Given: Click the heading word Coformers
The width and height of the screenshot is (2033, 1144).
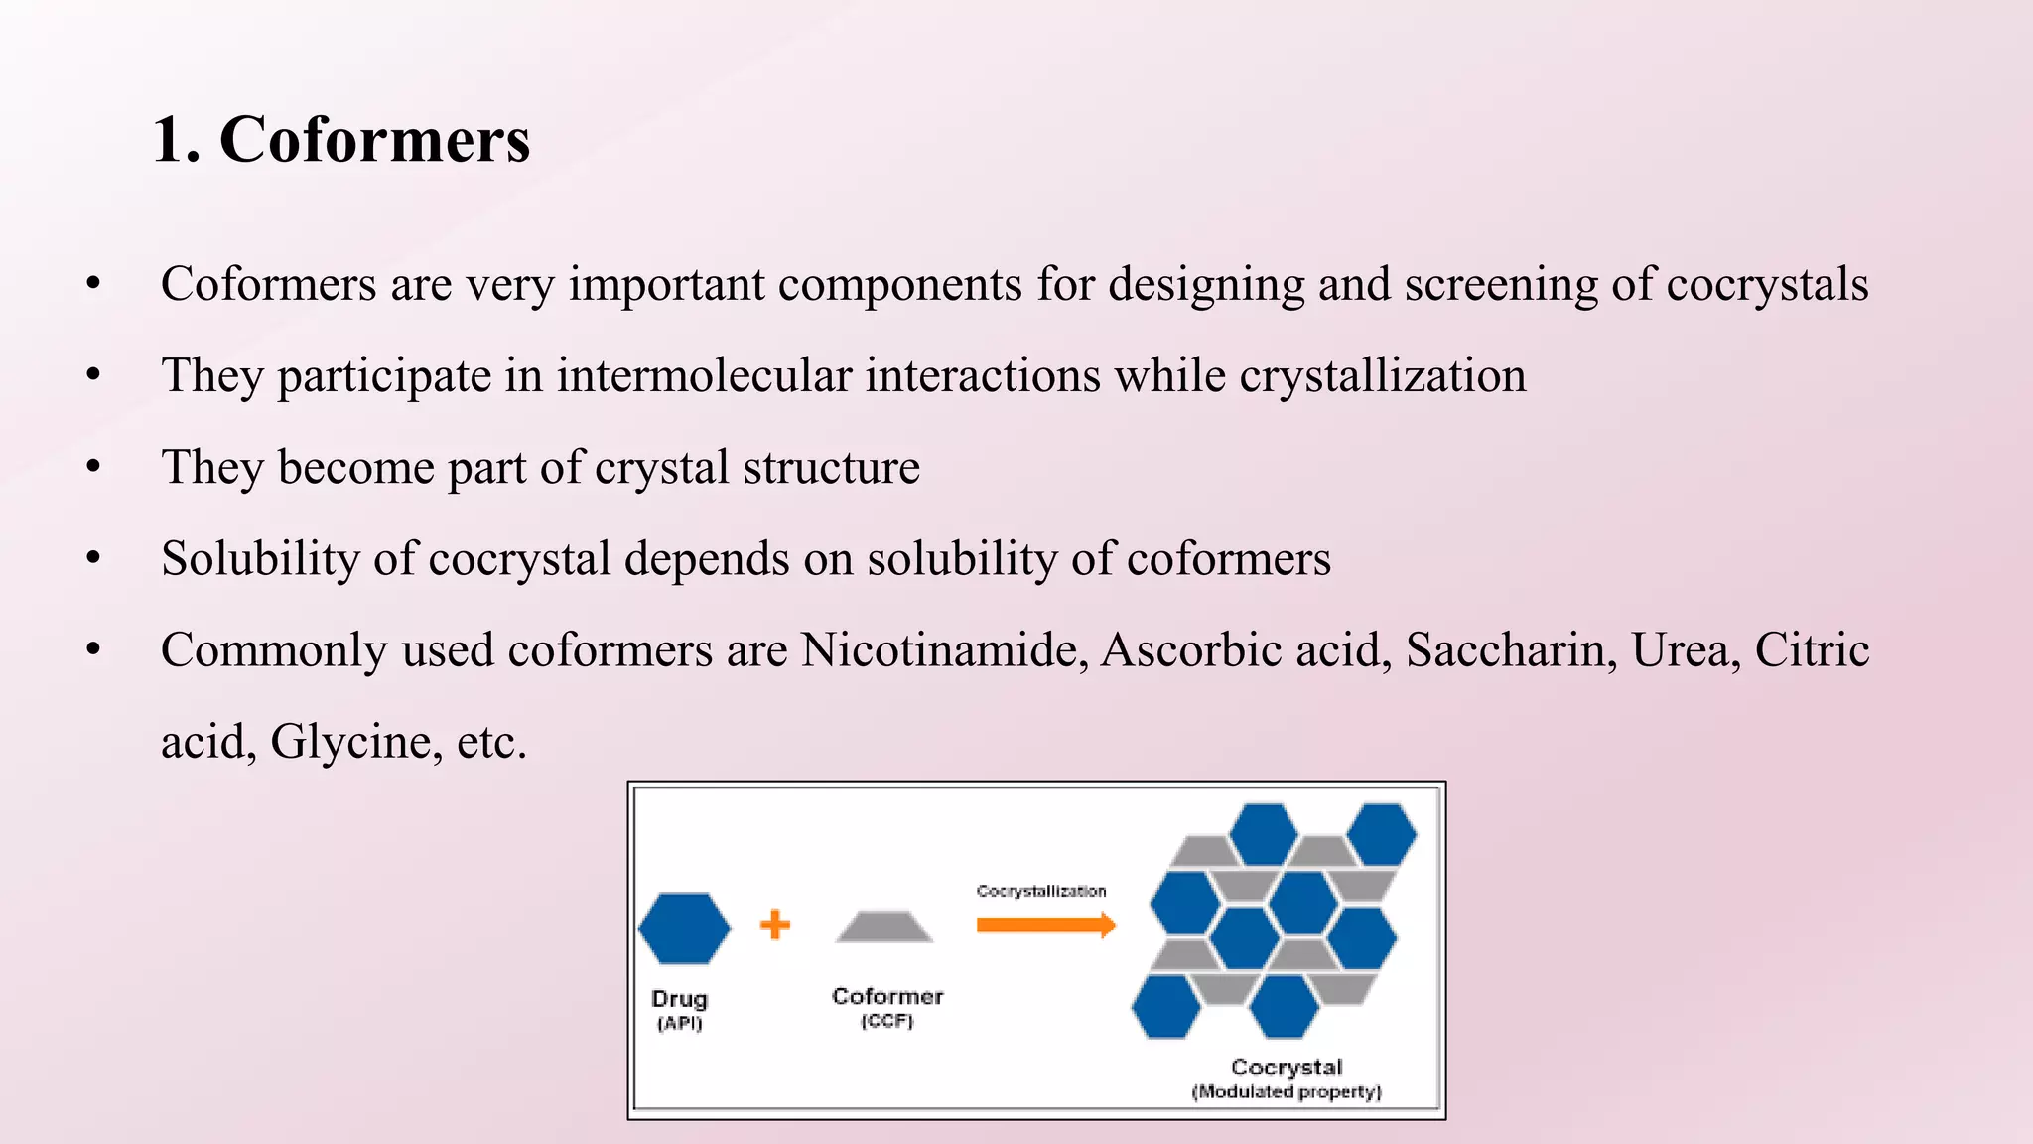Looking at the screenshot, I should point(374,140).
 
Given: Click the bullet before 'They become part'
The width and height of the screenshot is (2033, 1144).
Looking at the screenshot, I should point(93,467).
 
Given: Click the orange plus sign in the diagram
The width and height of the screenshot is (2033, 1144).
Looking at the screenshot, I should point(775,925).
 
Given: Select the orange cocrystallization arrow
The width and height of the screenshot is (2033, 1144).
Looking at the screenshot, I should point(1045,926).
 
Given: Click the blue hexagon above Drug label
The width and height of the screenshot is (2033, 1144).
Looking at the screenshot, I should point(684,929).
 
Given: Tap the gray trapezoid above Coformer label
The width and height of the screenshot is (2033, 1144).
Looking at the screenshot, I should point(884,928).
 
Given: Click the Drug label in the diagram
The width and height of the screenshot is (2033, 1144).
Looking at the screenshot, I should point(679,998).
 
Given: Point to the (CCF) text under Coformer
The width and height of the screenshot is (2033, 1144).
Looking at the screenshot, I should point(886,1021).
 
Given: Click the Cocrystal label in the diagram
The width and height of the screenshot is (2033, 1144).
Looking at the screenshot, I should point(1287,1067).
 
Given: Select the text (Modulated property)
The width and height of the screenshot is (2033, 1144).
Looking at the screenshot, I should point(1287,1091).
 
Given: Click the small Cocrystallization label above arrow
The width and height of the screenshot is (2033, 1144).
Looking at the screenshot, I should point(1040,891).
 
